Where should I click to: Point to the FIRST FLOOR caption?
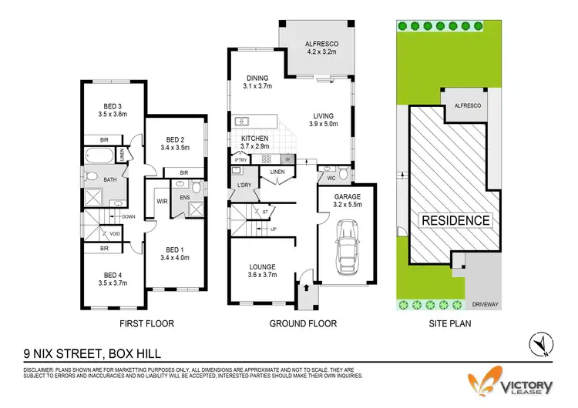(145, 324)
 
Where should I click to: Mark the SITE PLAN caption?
(450, 324)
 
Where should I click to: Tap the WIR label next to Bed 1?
(163, 202)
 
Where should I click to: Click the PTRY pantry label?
(240, 160)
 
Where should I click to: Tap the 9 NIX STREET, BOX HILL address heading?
(90, 354)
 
